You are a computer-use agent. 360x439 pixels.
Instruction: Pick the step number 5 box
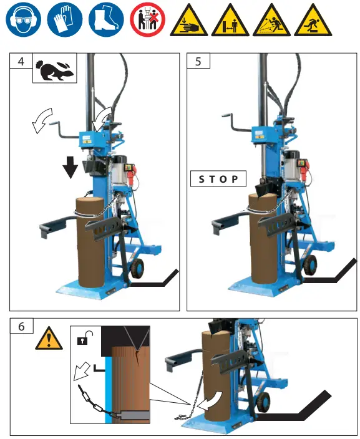[199, 62]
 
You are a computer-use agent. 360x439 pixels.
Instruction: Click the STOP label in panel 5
[218, 179]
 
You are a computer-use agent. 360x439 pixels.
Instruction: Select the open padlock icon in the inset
[81, 340]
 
